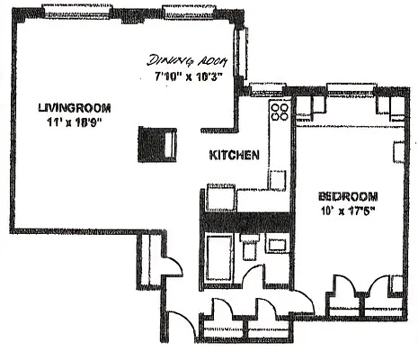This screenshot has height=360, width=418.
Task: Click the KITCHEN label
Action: point(235,155)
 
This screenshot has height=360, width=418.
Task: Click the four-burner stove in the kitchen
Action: point(279,112)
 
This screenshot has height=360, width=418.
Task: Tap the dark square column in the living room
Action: point(153,144)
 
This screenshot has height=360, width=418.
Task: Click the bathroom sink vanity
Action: point(277,242)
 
